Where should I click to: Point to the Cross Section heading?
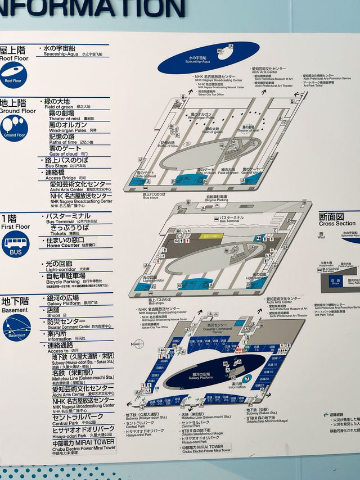[336, 220]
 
